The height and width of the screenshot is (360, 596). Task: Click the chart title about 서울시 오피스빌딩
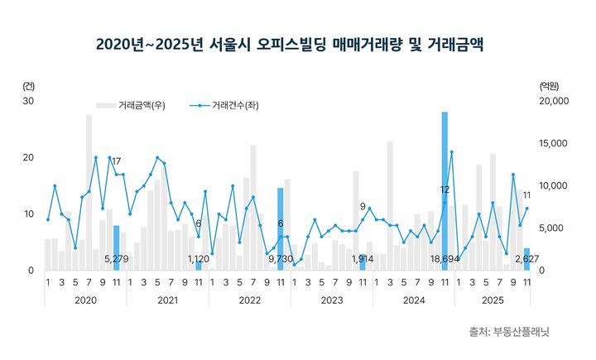pyautogui.click(x=290, y=43)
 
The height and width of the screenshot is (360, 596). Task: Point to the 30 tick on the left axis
pyautogui.click(x=28, y=101)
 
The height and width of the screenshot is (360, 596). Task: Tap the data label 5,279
pyautogui.click(x=117, y=259)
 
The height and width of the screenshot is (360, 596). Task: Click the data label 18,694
pyautogui.click(x=445, y=259)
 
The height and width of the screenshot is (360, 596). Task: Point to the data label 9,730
pyautogui.click(x=281, y=259)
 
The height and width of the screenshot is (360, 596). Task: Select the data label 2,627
pyautogui.click(x=526, y=259)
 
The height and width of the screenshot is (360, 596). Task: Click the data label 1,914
pyautogui.click(x=363, y=259)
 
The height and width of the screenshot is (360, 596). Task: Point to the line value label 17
pyautogui.click(x=117, y=161)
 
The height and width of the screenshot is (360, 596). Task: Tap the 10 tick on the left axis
pyautogui.click(x=28, y=214)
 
